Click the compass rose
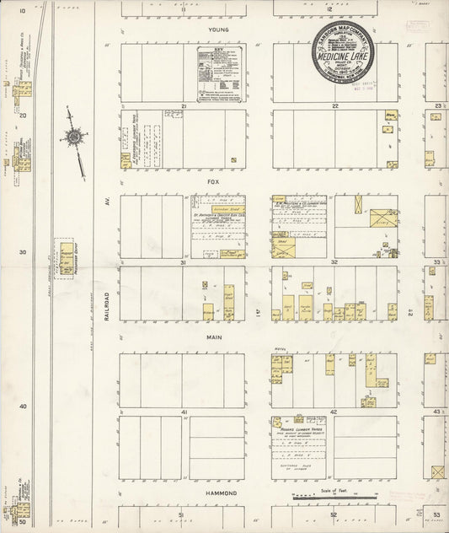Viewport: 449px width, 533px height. pos(75,136)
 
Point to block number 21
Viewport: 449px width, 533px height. pos(182,106)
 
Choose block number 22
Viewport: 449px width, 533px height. pos(334,106)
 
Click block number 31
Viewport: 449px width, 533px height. pos(182,262)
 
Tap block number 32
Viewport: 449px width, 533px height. pos(334,262)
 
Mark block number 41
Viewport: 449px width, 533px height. pos(182,412)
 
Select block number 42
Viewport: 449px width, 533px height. pos(334,412)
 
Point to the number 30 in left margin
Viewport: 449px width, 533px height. pos(22,252)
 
